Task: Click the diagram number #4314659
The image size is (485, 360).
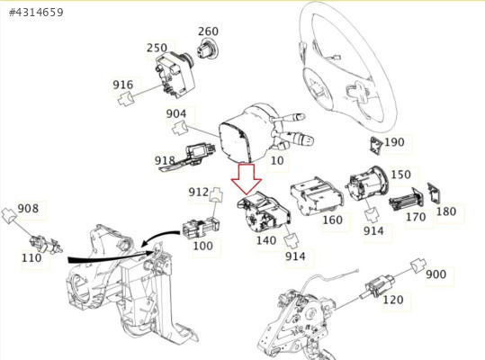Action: (36, 13)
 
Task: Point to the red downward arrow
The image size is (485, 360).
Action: (247, 179)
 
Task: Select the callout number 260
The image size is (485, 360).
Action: (208, 31)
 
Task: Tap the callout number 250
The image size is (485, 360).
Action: (157, 48)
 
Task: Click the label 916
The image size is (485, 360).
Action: (122, 85)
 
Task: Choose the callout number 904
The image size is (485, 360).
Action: (176, 113)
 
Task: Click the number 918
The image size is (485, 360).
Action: (165, 160)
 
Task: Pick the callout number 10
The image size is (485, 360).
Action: (277, 160)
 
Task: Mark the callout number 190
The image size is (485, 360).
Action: (394, 142)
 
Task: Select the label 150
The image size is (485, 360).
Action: (401, 175)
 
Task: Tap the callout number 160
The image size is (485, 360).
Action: (333, 220)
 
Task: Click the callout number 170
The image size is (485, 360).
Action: (416, 217)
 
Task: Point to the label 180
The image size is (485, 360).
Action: (446, 211)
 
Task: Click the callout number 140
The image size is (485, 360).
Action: (266, 240)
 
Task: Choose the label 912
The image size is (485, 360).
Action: (199, 192)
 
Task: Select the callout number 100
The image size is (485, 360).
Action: (203, 246)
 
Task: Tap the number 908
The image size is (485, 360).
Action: (28, 208)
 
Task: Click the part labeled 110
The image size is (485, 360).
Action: (46, 244)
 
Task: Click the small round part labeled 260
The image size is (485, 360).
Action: (207, 49)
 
